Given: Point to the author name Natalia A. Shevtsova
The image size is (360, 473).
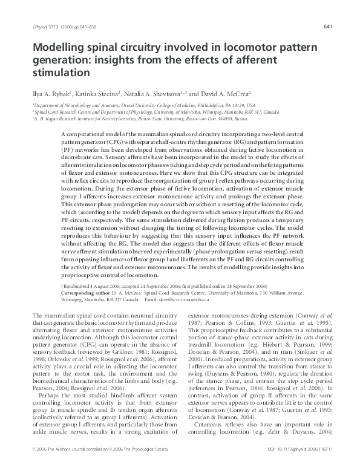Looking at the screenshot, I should coord(157,94).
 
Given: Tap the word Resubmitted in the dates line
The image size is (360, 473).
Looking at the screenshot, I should coord(82,284).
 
